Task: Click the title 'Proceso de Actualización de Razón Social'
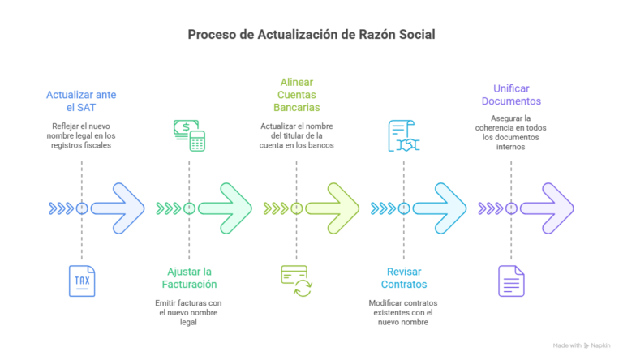pyautogui.click(x=311, y=35)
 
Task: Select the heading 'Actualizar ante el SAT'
pyautogui.click(x=81, y=101)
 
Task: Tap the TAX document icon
pyautogui.click(x=82, y=281)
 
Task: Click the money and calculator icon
pyautogui.click(x=190, y=135)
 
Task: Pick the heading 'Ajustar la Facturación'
pyautogui.click(x=189, y=278)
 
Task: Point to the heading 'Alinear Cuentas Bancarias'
pyautogui.click(x=296, y=95)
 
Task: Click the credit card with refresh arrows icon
pyautogui.click(x=296, y=281)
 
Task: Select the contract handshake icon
pyautogui.click(x=404, y=136)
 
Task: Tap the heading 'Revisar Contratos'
pyautogui.click(x=404, y=278)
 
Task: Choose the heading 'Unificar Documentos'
pyautogui.click(x=511, y=95)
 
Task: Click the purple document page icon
pyautogui.click(x=511, y=281)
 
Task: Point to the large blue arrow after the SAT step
pyautogui.click(x=118, y=208)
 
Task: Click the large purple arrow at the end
pyautogui.click(x=547, y=208)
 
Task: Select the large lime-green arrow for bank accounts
pyautogui.click(x=332, y=208)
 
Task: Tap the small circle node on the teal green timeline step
pyautogui.click(x=189, y=208)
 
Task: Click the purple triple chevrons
pyautogui.click(x=491, y=208)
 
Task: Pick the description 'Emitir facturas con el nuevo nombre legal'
pyautogui.click(x=188, y=312)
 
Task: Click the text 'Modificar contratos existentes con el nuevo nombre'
pyautogui.click(x=403, y=312)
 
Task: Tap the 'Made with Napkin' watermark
pyautogui.click(x=582, y=345)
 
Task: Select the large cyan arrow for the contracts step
pyautogui.click(x=440, y=208)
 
